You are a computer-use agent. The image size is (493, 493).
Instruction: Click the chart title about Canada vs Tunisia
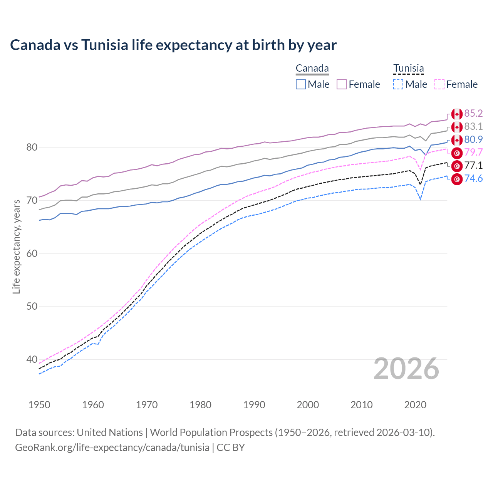[173, 45]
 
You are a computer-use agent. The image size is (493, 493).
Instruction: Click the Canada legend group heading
[312, 69]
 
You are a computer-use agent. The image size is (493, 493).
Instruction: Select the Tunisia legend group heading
[408, 69]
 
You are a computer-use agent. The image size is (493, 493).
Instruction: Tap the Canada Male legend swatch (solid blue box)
[301, 84]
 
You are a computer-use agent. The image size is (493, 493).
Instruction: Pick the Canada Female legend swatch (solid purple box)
[342, 84]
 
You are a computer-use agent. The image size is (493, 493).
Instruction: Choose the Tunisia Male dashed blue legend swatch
[398, 84]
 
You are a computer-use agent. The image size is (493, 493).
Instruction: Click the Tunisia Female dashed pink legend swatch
[439, 84]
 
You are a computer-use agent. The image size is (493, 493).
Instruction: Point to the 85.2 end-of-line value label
[473, 113]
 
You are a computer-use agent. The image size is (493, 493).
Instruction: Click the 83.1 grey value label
[473, 126]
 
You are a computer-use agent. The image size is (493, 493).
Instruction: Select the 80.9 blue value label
[473, 139]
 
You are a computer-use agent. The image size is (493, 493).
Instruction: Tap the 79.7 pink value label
[473, 152]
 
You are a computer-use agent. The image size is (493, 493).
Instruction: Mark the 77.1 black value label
[473, 165]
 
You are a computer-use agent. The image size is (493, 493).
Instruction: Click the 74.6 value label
[473, 178]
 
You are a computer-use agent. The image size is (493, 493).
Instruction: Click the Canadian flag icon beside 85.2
[457, 114]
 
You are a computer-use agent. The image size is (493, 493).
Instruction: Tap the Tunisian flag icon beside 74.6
[457, 179]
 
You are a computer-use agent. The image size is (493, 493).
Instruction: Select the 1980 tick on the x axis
[200, 405]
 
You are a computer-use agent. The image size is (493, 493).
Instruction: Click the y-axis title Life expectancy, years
[16, 246]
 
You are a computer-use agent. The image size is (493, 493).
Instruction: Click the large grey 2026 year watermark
[406, 369]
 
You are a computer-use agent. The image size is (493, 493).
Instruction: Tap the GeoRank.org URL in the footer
[112, 448]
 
